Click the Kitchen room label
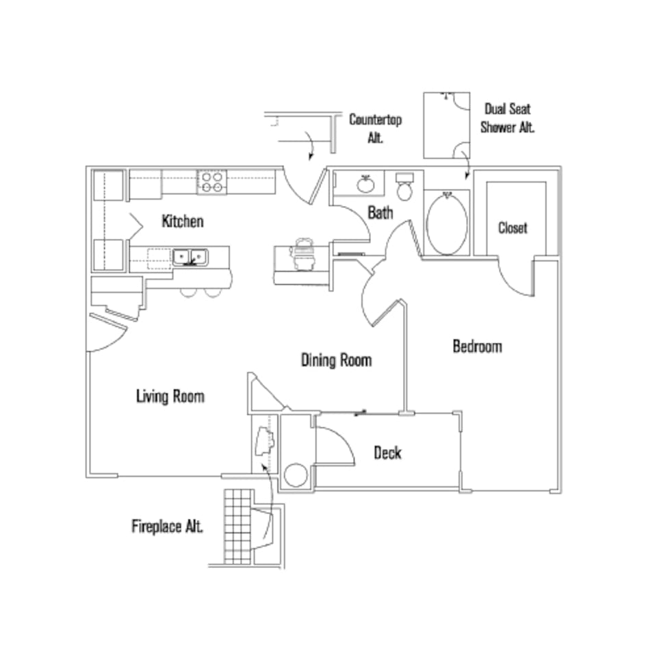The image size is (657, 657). (182, 221)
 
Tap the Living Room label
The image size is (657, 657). (170, 396)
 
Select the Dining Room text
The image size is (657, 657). (336, 360)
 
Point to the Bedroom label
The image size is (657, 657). (477, 346)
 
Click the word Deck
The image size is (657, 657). (387, 452)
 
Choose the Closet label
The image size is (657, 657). (513, 228)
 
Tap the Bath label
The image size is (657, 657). (381, 213)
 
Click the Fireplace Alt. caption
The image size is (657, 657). (167, 527)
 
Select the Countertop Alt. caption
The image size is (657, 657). (375, 127)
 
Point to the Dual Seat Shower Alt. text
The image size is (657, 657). (507, 118)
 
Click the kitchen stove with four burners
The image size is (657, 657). (212, 182)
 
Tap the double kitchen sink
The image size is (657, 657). (190, 257)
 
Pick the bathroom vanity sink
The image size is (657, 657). (365, 183)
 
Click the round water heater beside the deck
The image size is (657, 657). (296, 475)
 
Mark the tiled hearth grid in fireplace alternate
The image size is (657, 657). (237, 526)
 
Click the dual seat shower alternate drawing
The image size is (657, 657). (446, 125)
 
